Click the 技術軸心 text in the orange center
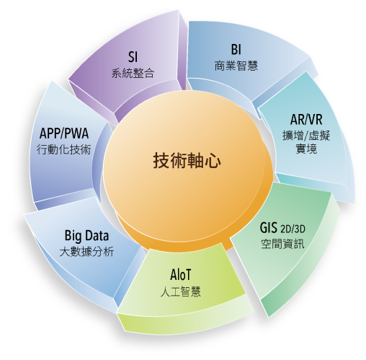coord(187,160)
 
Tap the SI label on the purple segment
coord(133,57)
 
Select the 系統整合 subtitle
coord(133,73)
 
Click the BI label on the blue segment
coord(236,49)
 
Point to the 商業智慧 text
coord(236,66)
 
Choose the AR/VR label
coord(306,119)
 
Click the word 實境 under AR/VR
coord(306,149)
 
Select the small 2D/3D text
coord(293,229)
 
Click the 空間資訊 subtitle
coord(282,244)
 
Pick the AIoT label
coord(181,274)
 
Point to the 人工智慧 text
coord(181,291)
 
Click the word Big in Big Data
coord(73,236)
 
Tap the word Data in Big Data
coord(97,235)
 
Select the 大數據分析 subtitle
coord(86,252)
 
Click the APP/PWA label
coord(64,133)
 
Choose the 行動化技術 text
coord(64,149)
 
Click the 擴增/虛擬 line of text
coord(306,136)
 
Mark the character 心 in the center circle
coord(213,161)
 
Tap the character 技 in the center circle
coord(161,160)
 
